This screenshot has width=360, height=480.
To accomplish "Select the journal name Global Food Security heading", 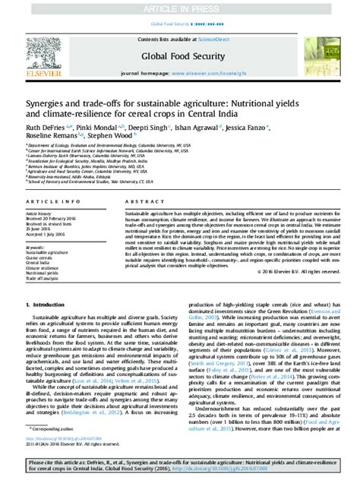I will click(181, 55).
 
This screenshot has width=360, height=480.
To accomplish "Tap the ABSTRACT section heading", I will click(139, 201).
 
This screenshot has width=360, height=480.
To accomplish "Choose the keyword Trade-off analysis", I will click(44, 278).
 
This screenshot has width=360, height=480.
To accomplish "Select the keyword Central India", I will click(39, 262).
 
